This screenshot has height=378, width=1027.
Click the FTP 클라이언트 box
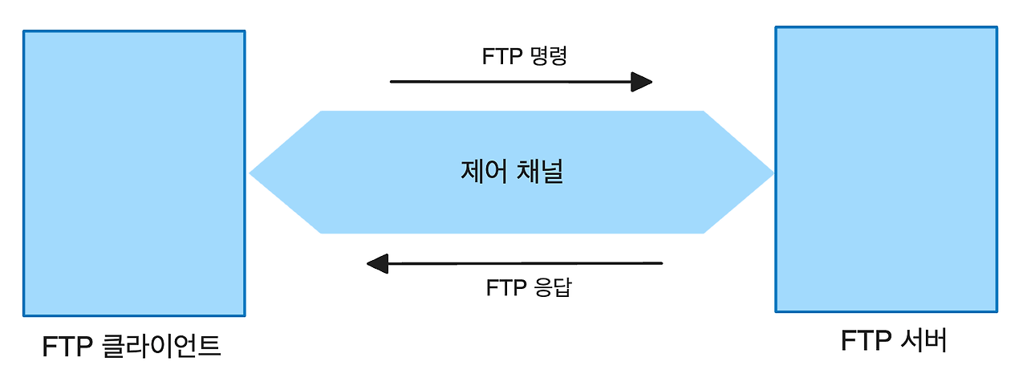(x=134, y=173)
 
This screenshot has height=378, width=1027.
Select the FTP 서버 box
(x=886, y=169)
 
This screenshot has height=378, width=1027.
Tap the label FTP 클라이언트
(x=132, y=347)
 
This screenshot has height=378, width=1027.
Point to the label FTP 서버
(x=894, y=341)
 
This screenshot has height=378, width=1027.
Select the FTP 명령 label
(x=525, y=56)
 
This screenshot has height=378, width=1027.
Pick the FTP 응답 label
(x=529, y=287)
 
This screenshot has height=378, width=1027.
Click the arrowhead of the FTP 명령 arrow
(x=642, y=82)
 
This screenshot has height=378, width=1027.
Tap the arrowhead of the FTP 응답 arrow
(x=377, y=263)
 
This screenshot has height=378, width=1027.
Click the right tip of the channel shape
(x=771, y=173)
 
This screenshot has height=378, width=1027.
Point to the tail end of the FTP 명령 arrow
(x=392, y=82)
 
